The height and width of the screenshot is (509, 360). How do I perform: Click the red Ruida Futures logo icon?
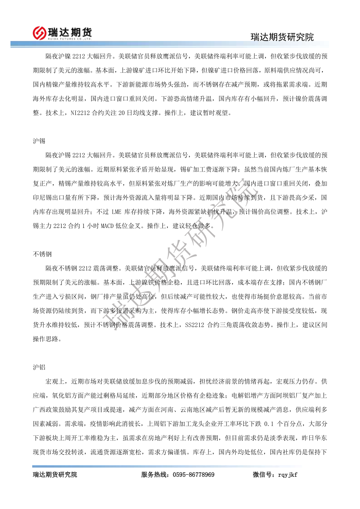40,32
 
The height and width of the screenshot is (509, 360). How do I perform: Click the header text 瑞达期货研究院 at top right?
282,37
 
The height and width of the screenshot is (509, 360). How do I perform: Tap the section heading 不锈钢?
42,254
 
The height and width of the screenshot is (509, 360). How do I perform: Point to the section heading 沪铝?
39,367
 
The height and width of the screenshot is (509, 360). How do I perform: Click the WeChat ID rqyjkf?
288,475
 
